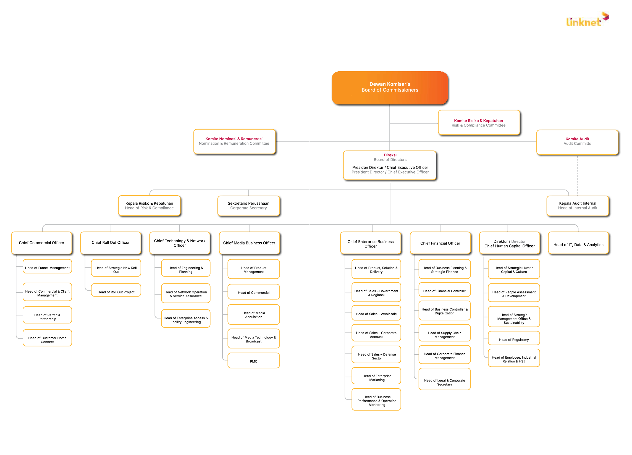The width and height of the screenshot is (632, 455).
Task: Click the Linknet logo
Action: tap(588, 19)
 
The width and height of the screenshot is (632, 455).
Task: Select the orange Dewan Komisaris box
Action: tap(390, 88)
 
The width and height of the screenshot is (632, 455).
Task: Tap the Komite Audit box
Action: tap(577, 142)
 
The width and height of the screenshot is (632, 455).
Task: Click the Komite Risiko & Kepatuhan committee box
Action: tap(479, 123)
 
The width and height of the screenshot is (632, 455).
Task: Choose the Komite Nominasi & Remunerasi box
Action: tap(234, 141)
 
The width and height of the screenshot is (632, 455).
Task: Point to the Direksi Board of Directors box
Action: tap(390, 165)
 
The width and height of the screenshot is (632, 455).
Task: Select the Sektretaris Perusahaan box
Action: tap(248, 206)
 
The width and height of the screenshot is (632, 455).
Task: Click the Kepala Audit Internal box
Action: tap(578, 206)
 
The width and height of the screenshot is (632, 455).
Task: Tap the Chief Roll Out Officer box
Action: tap(111, 243)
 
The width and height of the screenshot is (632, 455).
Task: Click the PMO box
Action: tap(254, 361)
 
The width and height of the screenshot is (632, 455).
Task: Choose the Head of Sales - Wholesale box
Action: tap(376, 313)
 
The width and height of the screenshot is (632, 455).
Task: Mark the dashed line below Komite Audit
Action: tap(578, 175)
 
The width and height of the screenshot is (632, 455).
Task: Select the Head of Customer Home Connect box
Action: tap(47, 338)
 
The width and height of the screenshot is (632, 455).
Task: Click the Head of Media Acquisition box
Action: tap(254, 315)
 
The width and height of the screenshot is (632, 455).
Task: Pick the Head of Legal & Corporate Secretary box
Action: tap(444, 379)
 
